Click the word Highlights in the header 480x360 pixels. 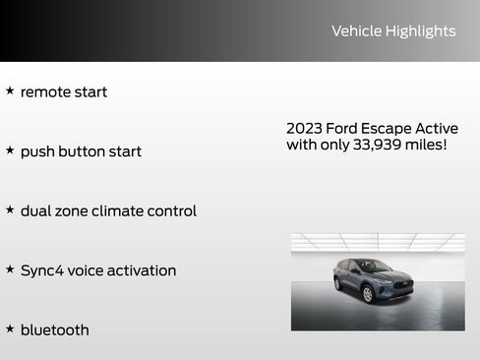(420, 31)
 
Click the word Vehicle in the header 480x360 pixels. (356, 31)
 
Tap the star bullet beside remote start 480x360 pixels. (10, 90)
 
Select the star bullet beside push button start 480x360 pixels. (10, 150)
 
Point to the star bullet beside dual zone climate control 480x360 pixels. (10, 210)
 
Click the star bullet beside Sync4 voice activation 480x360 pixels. (10, 270)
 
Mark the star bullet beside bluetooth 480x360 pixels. (10, 329)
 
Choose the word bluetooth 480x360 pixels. (54, 330)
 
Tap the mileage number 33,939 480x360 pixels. (360, 146)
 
